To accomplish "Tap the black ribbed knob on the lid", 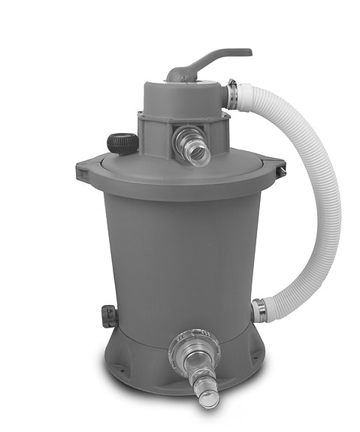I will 123,142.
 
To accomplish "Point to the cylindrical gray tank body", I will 180,255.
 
